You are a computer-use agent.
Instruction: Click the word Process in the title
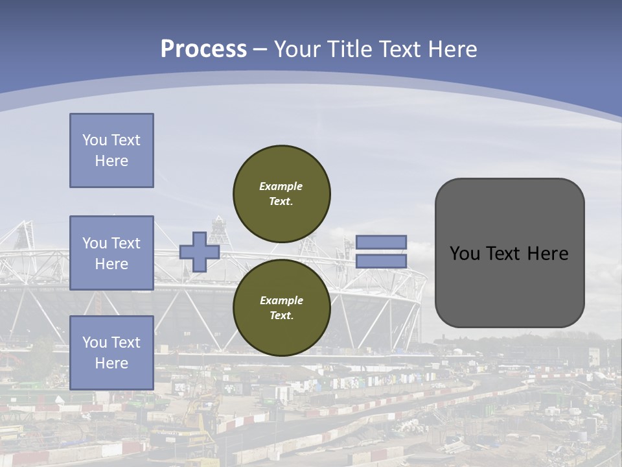(x=203, y=49)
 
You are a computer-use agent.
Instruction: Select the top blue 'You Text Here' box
(x=111, y=150)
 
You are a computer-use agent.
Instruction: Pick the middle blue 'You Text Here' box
(x=111, y=253)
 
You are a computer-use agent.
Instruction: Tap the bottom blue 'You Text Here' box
(x=111, y=353)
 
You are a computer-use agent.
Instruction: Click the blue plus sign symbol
(x=200, y=252)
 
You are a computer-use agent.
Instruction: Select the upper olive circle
(x=282, y=194)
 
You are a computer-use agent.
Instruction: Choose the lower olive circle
(x=282, y=308)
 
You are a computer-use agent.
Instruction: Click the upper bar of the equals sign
(x=382, y=243)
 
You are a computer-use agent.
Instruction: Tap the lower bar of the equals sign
(x=382, y=261)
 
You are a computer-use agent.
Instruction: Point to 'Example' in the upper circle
(x=281, y=186)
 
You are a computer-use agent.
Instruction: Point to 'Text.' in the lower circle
(x=281, y=316)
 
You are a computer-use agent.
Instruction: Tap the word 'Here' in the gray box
(x=547, y=253)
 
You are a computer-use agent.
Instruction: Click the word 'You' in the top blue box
(x=95, y=140)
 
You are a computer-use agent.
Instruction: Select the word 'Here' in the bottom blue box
(x=111, y=363)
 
